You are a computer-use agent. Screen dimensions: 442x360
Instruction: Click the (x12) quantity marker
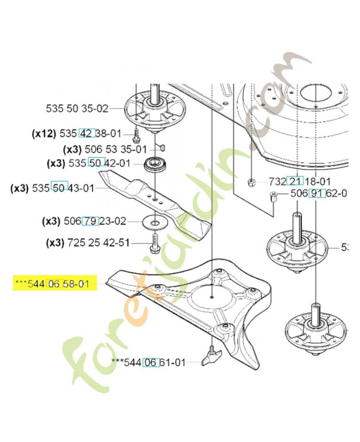click(x=43, y=133)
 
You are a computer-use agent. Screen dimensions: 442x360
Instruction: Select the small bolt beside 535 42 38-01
click(x=136, y=133)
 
